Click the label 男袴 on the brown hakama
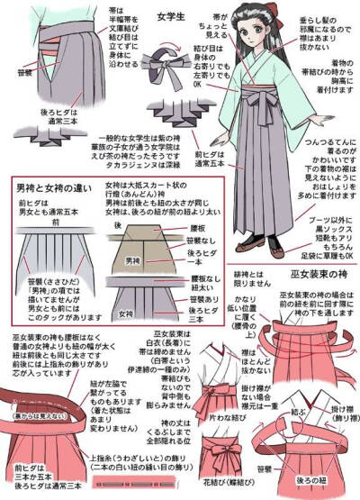coord(132,261)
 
